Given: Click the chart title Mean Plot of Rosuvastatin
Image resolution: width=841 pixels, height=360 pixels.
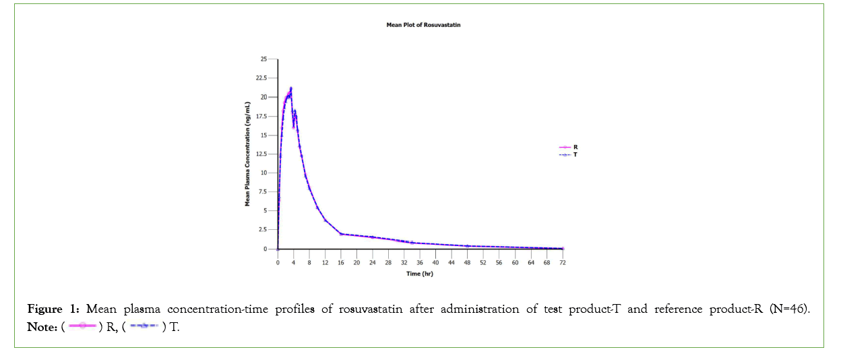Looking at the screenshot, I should point(423,24).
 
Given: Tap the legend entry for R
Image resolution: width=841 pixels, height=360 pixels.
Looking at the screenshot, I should point(574,146).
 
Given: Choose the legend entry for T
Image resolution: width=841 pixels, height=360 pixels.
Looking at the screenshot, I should point(574,155).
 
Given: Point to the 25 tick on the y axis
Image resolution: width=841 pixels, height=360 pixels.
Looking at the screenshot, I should point(263,59).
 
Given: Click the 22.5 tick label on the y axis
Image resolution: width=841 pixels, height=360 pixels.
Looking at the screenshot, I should point(260,78).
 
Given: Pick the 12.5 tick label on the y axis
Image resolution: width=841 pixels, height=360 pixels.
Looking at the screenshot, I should point(260,154).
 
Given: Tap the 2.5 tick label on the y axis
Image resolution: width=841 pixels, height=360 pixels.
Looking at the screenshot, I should point(261,230).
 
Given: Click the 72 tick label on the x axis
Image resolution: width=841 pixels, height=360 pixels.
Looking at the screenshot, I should point(562,262).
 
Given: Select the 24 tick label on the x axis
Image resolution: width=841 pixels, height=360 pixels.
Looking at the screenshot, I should point(372,262).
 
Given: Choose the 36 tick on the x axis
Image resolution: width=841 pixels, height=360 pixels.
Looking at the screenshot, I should point(420,262).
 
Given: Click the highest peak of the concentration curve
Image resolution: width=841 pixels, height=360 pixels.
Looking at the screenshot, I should point(290,88).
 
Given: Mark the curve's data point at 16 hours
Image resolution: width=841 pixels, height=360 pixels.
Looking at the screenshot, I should point(341,234).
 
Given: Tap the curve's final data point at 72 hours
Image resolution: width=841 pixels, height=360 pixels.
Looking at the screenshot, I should point(562,248).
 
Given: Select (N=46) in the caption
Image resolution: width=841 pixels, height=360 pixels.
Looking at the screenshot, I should point(788,309).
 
